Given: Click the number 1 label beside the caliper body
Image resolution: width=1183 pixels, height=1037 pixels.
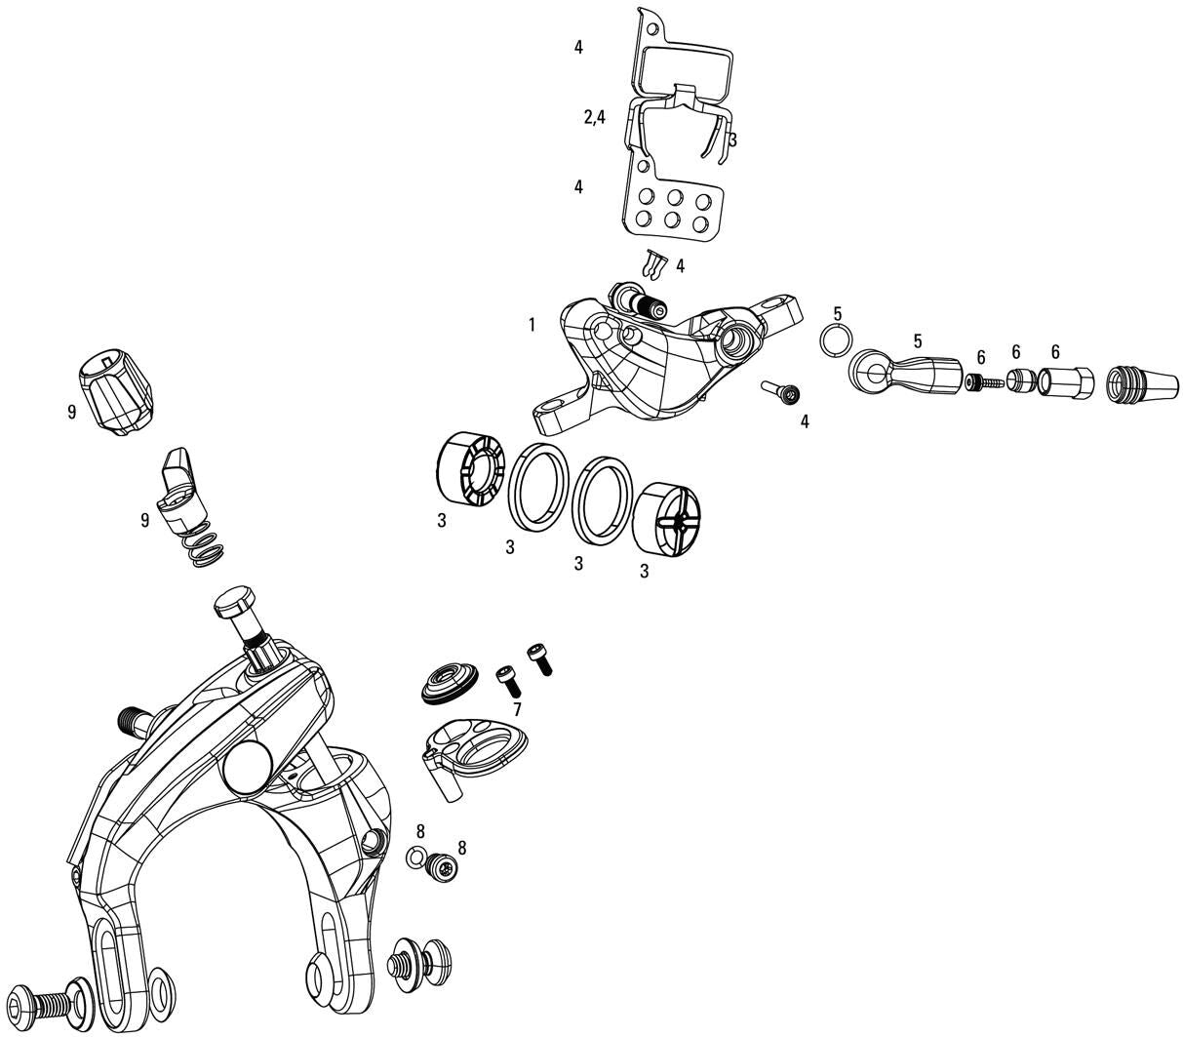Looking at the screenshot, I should [x=532, y=325].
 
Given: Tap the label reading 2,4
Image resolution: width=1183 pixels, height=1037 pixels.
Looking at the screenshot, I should [x=595, y=117].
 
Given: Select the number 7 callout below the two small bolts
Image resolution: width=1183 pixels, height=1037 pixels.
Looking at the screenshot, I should [x=517, y=709].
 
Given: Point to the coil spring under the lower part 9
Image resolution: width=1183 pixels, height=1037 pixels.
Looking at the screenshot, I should [x=206, y=548].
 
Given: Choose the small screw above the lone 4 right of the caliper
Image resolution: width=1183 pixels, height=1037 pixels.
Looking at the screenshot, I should [x=782, y=392].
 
